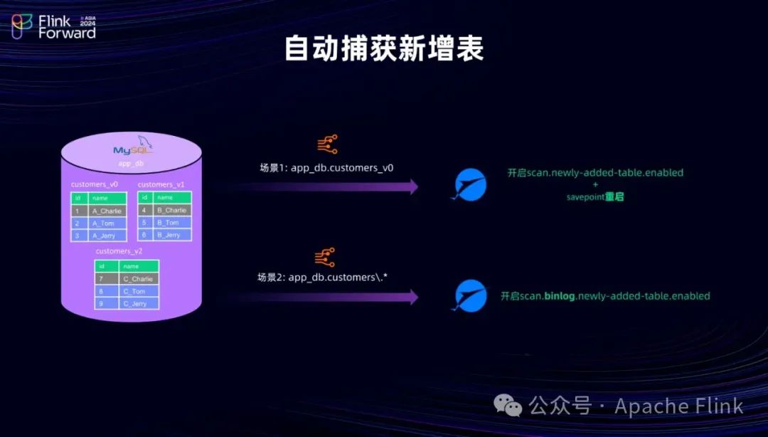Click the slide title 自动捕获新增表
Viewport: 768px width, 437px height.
[x=384, y=49]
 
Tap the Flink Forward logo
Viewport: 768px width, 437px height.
[x=53, y=26]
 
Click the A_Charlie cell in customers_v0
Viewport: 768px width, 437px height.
[x=107, y=211]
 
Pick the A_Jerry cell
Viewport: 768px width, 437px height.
[x=107, y=236]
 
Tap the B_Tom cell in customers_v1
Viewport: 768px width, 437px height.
[x=173, y=223]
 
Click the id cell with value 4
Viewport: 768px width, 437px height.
[x=145, y=211]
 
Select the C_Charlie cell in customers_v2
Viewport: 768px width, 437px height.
[x=139, y=279]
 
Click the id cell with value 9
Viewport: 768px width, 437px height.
[x=103, y=303]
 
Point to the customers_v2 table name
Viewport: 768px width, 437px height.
[x=119, y=251]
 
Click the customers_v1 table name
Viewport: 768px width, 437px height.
[x=161, y=184]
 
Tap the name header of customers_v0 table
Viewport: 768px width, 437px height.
[x=107, y=198]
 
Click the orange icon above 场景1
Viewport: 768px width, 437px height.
[x=327, y=145]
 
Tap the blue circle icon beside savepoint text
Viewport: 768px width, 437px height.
[x=471, y=184]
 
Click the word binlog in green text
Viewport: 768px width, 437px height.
[x=560, y=296]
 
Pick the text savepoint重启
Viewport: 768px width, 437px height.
[x=594, y=196]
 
